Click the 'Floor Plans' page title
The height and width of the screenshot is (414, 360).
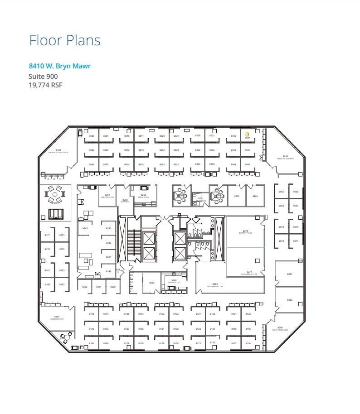(x=65, y=40)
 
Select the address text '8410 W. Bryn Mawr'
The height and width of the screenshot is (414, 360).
(x=59, y=66)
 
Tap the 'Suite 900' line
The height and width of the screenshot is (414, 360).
(x=43, y=76)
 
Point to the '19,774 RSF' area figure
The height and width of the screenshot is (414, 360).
(x=45, y=84)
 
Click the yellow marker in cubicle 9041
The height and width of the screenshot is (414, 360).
(x=247, y=135)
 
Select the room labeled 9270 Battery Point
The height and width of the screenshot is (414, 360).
(x=245, y=231)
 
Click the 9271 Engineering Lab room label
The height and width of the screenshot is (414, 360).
(x=245, y=273)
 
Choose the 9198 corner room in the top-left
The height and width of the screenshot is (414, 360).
(x=58, y=150)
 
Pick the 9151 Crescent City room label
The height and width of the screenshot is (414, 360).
(x=57, y=317)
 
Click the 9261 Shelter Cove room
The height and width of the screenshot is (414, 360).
(x=107, y=195)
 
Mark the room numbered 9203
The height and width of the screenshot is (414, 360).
(x=236, y=196)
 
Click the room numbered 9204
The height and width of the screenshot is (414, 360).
(x=255, y=196)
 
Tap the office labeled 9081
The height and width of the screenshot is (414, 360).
(x=289, y=274)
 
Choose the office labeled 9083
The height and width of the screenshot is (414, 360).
(x=289, y=300)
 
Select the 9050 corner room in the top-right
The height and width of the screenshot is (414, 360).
(x=285, y=157)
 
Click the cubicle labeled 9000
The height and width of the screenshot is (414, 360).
(x=92, y=136)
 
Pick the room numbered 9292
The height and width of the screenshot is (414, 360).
(x=152, y=283)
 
